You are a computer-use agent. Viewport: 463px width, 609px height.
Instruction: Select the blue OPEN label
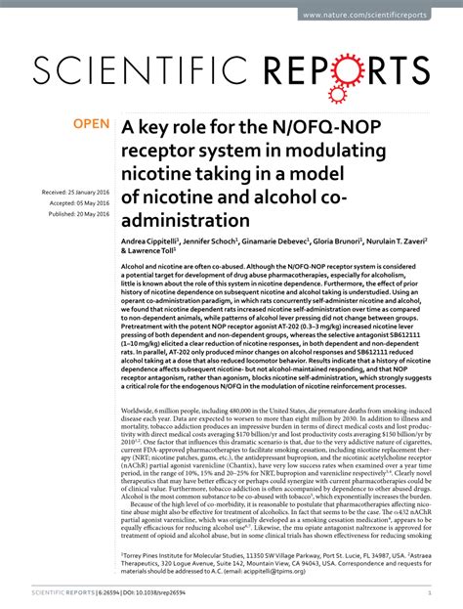click(93, 125)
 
